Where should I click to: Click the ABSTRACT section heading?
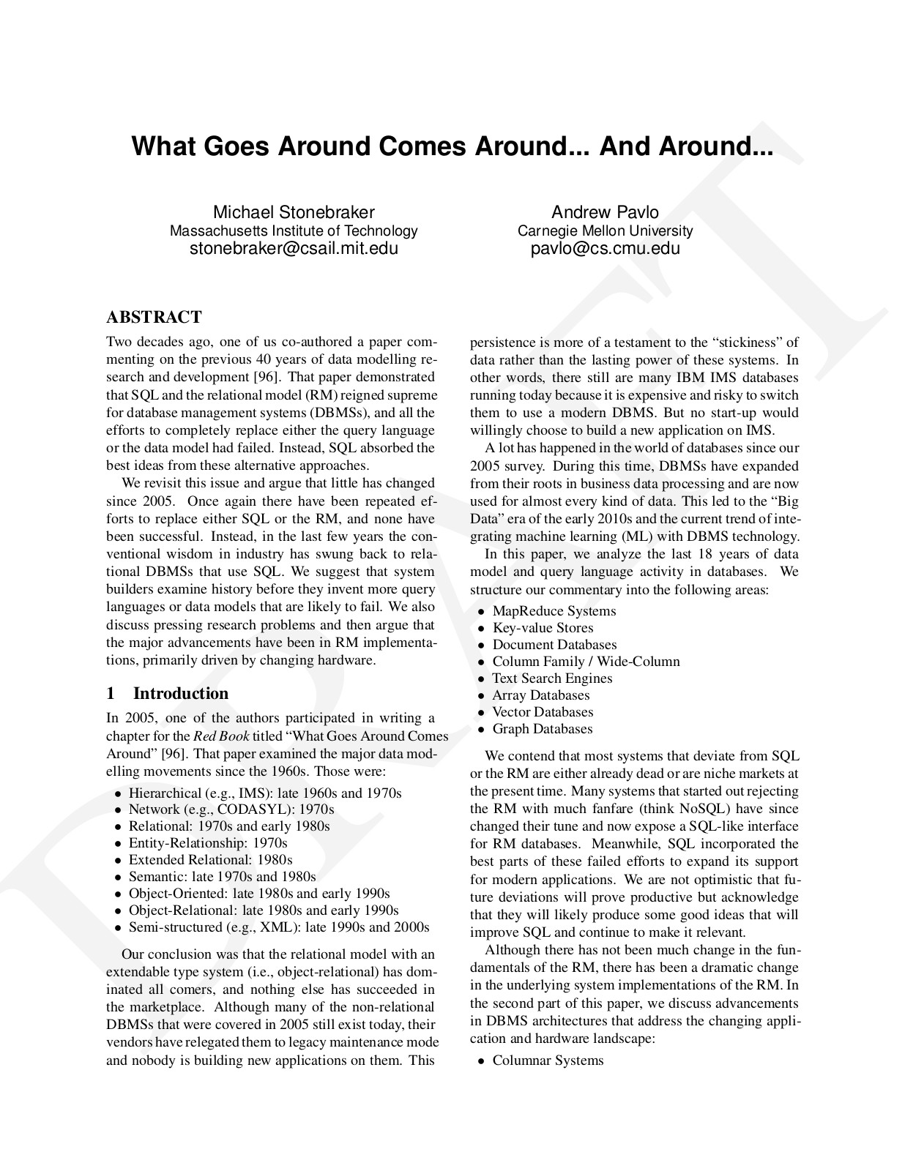coord(154,317)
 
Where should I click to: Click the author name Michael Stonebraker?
coord(294,212)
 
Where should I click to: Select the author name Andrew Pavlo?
coord(605,212)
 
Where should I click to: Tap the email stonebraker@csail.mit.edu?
coord(294,248)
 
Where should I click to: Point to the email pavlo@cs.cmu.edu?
coord(605,248)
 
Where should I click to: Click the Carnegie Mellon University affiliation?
coord(605,231)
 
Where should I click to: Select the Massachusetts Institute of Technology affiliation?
coord(294,231)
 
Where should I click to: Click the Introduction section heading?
coord(180,693)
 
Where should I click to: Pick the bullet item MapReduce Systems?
coord(554,611)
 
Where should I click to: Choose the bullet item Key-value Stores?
coord(543,628)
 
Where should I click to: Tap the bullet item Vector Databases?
coord(543,712)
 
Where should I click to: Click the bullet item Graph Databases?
coord(542,729)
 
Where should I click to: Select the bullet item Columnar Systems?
coord(548,1060)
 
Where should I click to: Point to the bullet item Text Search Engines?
coord(552,678)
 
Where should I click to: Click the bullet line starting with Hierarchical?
coord(265,793)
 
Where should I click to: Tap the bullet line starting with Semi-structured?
coord(278,927)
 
